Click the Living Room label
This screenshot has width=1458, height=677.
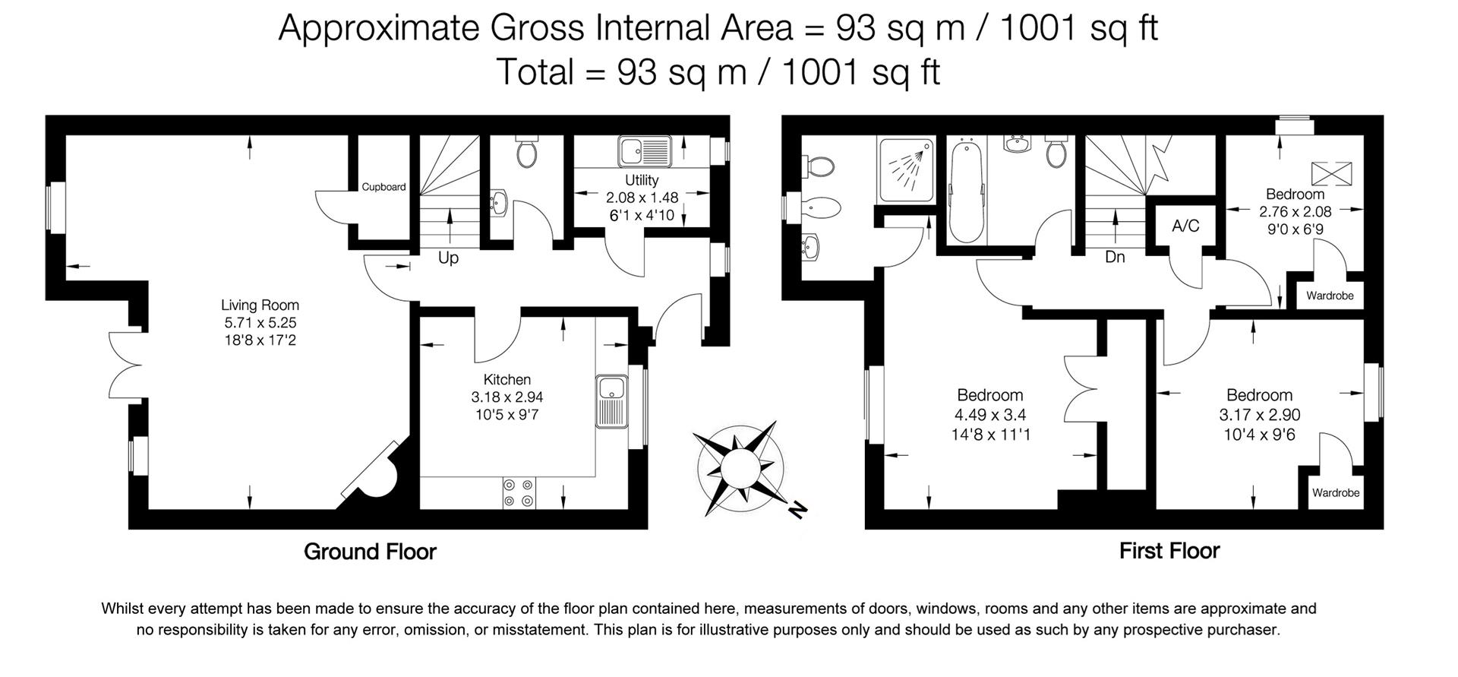pos(260,305)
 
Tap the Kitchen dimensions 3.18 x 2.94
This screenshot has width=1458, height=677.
pos(507,397)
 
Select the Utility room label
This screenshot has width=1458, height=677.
pos(642,180)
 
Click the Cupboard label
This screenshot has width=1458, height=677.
pos(383,187)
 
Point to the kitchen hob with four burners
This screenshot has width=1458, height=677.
pos(519,492)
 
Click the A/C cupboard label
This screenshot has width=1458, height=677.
pos(1185,226)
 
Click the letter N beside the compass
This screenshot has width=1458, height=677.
pos(796,510)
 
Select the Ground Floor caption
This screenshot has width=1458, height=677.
pos(370,552)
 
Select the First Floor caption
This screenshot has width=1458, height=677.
pos(1169,551)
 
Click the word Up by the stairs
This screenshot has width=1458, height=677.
pos(448,258)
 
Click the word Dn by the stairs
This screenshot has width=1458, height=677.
pos(1115,258)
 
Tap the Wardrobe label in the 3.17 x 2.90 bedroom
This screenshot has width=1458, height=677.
pos(1336,493)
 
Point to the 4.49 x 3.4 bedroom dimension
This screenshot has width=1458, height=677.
pos(990,415)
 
